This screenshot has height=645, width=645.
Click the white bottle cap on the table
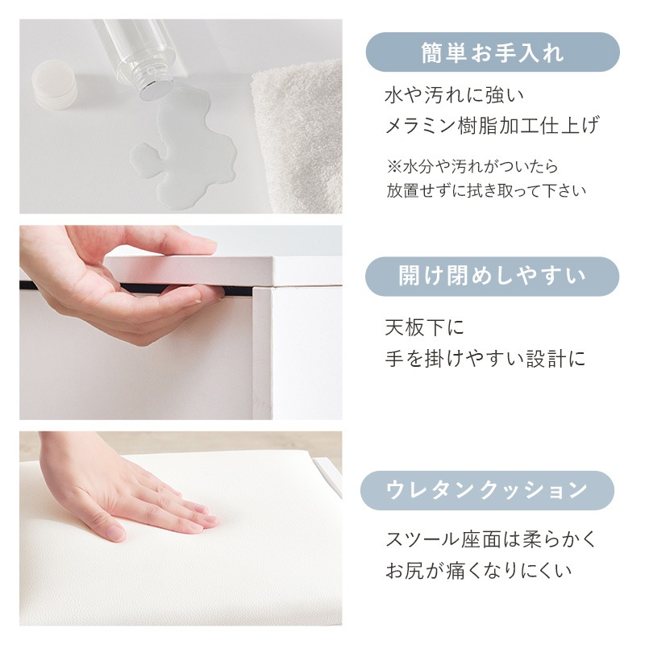click(54, 85)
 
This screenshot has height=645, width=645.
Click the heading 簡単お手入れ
click(493, 53)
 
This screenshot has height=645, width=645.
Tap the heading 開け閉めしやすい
click(492, 276)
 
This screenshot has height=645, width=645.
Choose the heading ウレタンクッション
click(487, 490)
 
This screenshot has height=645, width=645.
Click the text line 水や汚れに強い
click(455, 95)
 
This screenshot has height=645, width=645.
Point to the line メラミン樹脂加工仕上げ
click(492, 126)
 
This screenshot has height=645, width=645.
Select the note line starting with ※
click(472, 166)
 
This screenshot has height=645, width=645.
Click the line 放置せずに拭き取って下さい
click(486, 190)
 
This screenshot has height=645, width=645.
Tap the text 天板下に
click(425, 328)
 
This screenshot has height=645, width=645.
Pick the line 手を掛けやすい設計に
click(485, 359)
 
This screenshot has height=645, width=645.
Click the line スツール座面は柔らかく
click(490, 539)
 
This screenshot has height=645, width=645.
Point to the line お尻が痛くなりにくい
click(478, 571)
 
